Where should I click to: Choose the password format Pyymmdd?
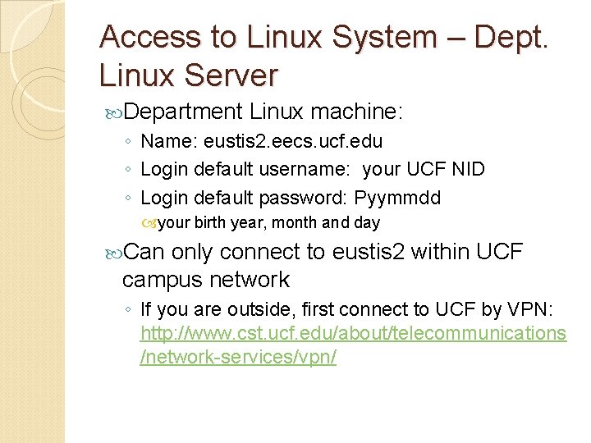pyautogui.click(x=397, y=198)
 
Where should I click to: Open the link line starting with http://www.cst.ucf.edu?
pyautogui.click(x=353, y=334)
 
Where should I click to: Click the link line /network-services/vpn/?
pyautogui.click(x=238, y=359)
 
